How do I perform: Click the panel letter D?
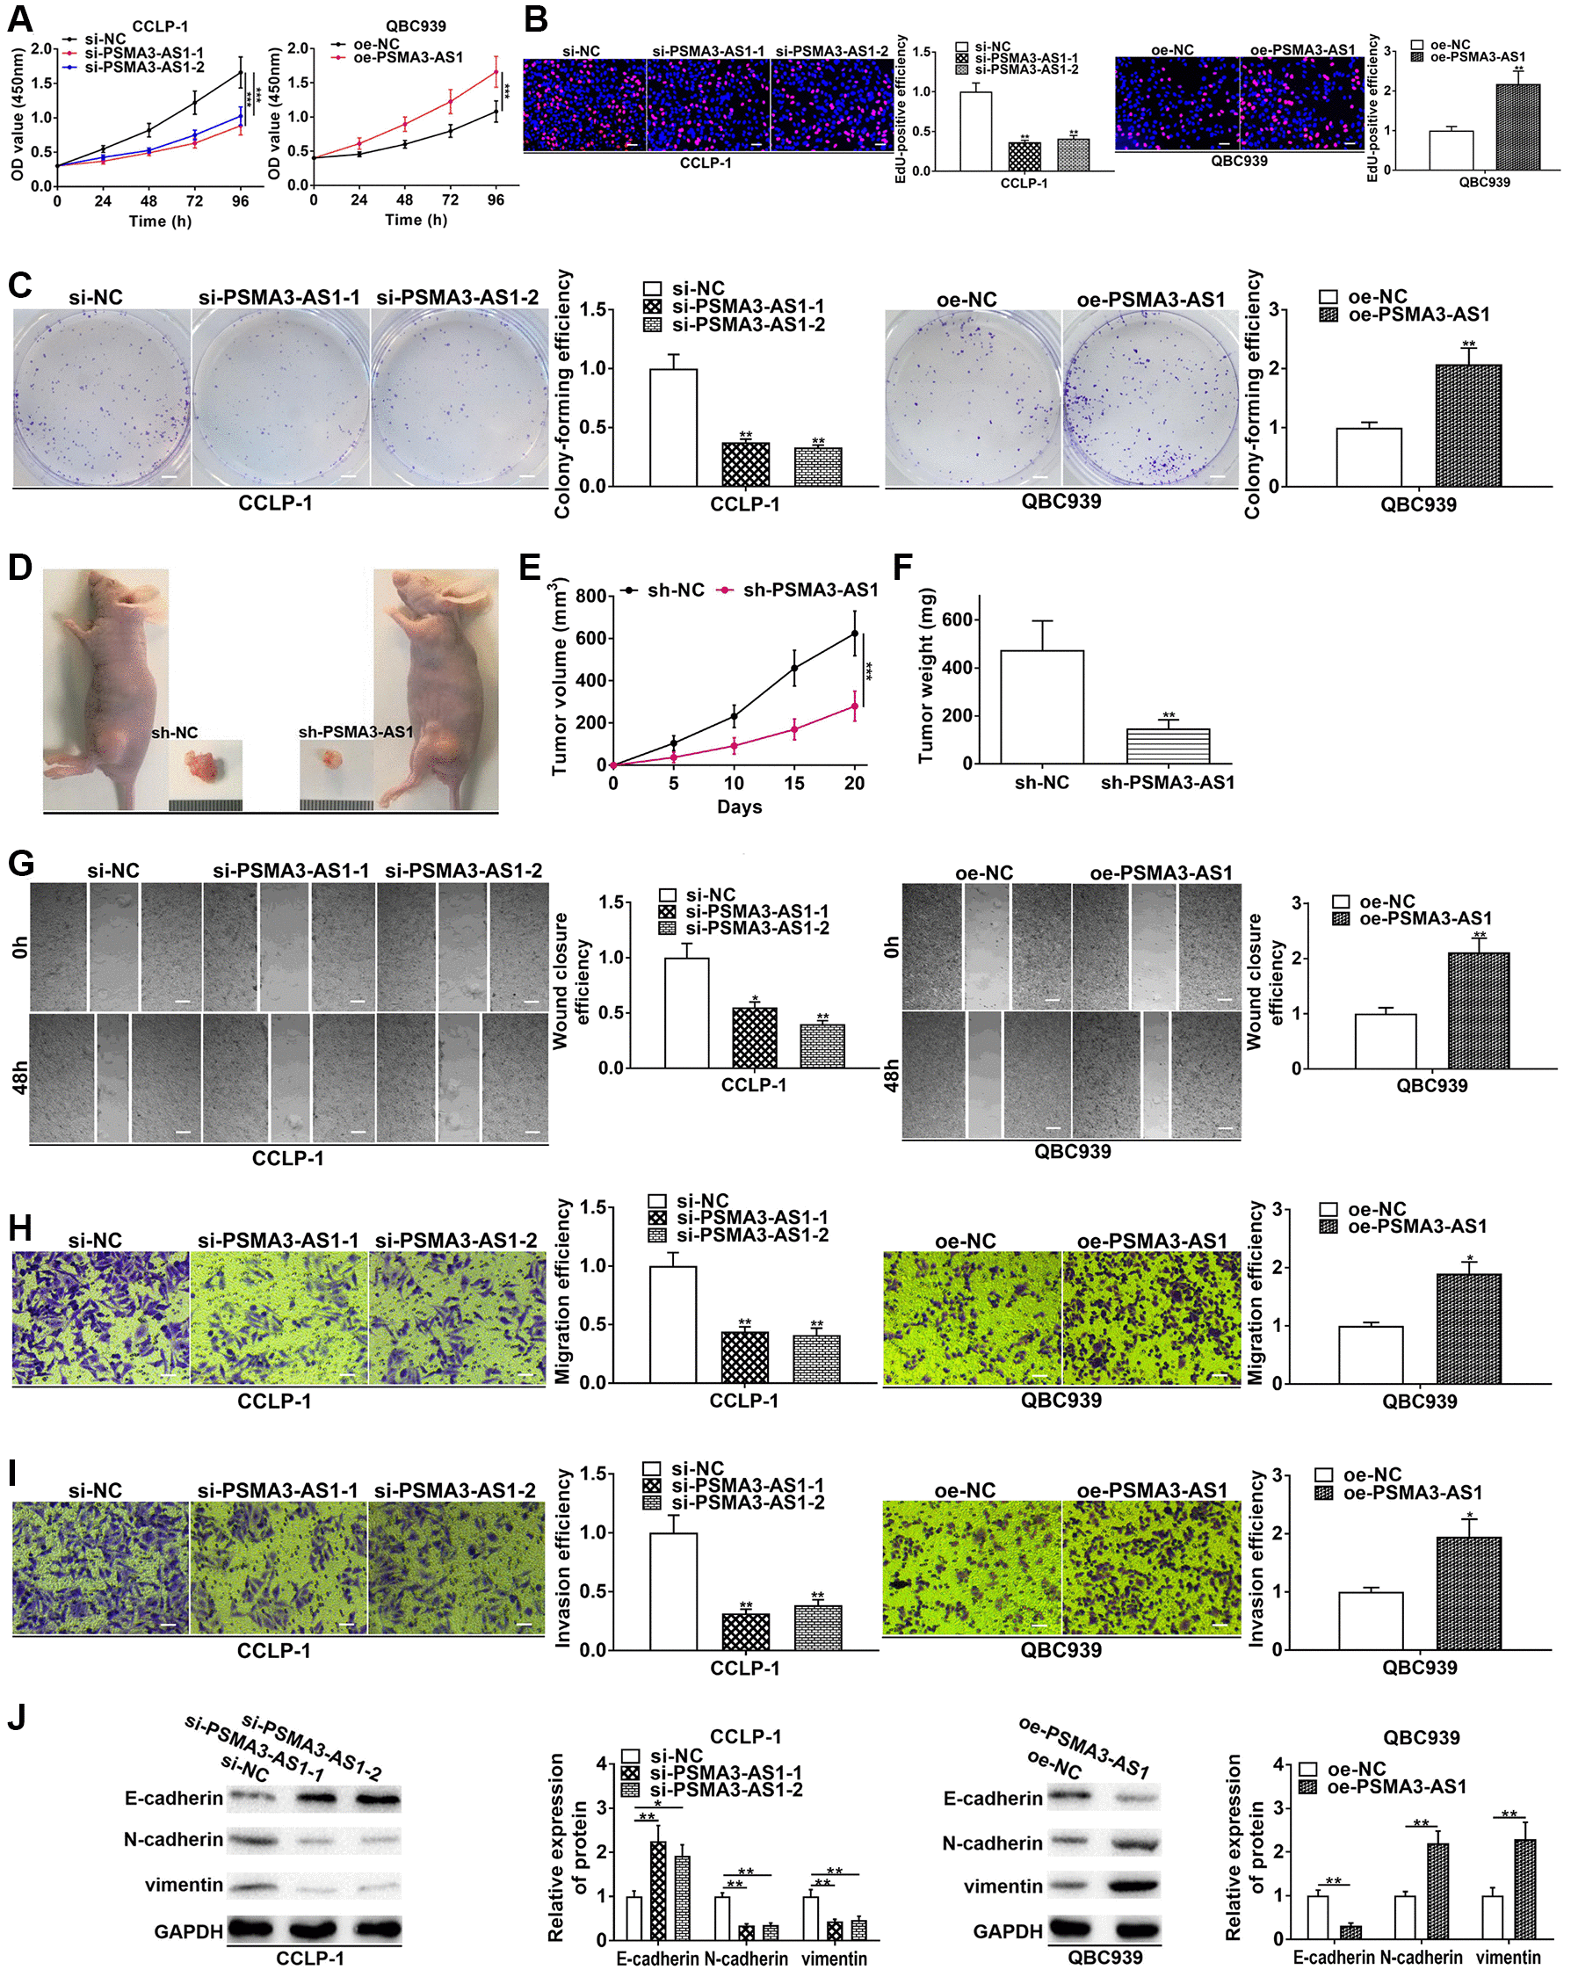[x=19, y=568]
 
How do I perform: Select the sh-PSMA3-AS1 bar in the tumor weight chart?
[x=1167, y=746]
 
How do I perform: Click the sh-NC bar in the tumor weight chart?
[x=1041, y=706]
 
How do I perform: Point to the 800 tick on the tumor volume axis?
[x=590, y=597]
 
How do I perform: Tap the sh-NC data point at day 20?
[x=855, y=634]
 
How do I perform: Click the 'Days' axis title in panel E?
[x=739, y=807]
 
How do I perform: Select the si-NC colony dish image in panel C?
[x=101, y=397]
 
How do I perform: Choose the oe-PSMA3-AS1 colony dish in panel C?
[x=1151, y=397]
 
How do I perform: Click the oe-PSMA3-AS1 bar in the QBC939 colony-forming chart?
[x=1468, y=425]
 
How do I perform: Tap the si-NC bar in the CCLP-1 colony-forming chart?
[x=673, y=427]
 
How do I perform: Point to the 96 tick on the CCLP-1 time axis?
[x=240, y=201]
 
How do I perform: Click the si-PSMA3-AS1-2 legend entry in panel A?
[x=144, y=67]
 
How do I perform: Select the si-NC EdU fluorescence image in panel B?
[x=584, y=105]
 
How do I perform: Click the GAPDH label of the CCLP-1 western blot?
[x=188, y=1931]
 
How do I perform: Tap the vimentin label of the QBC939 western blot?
[x=1003, y=1886]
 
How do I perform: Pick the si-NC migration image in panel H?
[x=101, y=1318]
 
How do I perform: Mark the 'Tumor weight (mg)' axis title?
[x=926, y=675]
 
